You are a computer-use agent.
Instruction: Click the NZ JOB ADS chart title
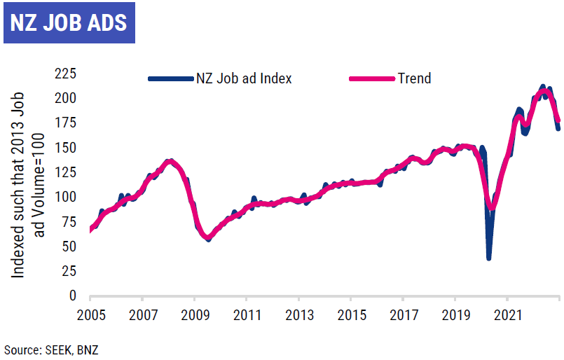pos(69,22)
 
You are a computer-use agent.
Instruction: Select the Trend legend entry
pos(414,78)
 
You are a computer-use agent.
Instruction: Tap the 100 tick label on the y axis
pos(66,198)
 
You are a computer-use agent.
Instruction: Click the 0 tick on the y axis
pos(73,296)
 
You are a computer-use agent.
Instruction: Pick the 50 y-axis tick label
pos(69,247)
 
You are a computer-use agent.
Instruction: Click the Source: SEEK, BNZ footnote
pos(50,348)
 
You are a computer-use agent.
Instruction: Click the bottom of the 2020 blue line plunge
pos(489,258)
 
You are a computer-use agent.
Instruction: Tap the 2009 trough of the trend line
pos(207,238)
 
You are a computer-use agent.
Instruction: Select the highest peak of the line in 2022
pos(543,88)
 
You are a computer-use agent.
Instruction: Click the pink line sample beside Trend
pos(371,78)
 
